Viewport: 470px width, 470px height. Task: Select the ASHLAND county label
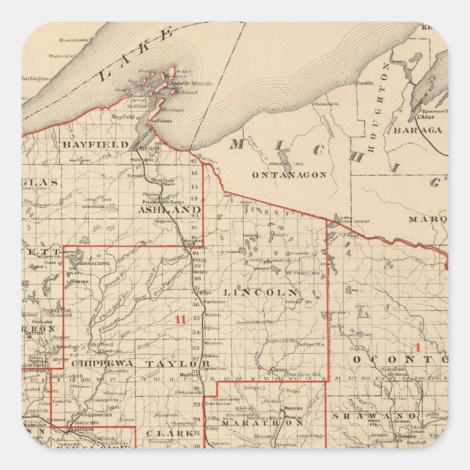pos(169,209)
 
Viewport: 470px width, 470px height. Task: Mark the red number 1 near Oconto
pos(417,347)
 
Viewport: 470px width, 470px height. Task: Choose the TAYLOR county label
pos(174,363)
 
